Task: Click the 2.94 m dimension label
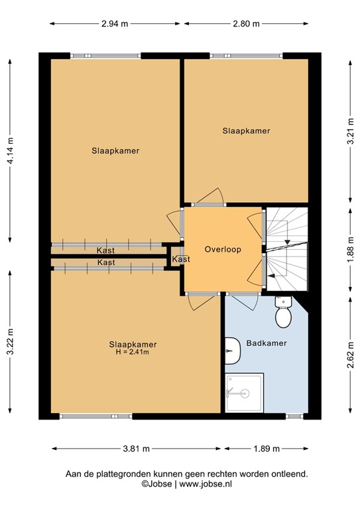tap(115, 24)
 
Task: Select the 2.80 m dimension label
tap(246, 24)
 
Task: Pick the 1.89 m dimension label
tap(267, 449)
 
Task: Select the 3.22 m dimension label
tap(11, 343)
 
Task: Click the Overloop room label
tap(223, 250)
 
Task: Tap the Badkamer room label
tap(266, 343)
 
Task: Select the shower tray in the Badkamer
tap(245, 394)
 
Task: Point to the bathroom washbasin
tap(230, 349)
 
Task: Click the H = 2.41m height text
tap(133, 352)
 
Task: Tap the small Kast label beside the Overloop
tap(180, 259)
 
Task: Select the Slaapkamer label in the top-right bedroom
tap(246, 131)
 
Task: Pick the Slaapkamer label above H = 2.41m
tap(133, 344)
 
